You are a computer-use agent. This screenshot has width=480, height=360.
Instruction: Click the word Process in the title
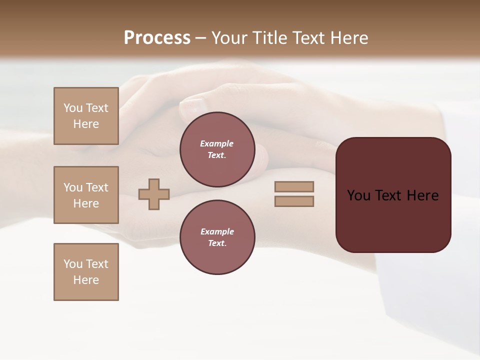(x=157, y=38)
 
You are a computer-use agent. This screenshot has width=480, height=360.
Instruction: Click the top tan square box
(x=86, y=116)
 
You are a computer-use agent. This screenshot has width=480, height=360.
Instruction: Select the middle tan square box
(x=86, y=195)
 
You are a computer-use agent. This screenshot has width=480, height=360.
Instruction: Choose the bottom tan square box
(x=86, y=271)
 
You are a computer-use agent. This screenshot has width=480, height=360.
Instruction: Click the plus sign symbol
(x=154, y=194)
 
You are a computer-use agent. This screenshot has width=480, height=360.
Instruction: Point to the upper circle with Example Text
(x=217, y=149)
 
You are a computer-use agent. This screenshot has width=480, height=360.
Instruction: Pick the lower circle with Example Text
(x=217, y=237)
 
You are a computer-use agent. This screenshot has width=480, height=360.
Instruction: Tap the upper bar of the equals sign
(x=294, y=186)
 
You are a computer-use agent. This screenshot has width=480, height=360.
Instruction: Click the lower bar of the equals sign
(x=294, y=201)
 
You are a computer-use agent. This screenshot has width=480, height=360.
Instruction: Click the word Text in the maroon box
(x=389, y=195)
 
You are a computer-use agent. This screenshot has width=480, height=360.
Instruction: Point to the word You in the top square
(x=73, y=108)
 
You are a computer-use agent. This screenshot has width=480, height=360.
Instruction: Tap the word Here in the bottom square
(x=86, y=280)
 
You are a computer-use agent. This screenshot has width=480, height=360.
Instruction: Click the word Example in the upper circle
(x=217, y=143)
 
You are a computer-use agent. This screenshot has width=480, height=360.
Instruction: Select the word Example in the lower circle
(x=217, y=231)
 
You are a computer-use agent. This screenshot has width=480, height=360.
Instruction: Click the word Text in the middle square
(x=96, y=187)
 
